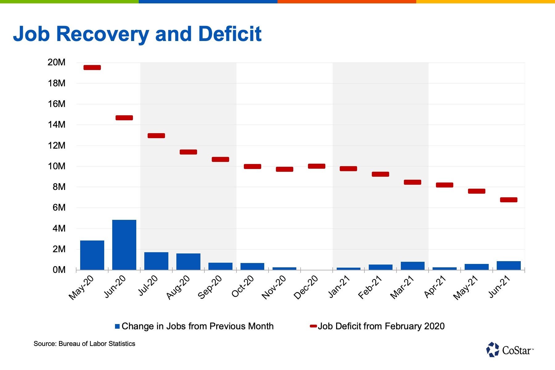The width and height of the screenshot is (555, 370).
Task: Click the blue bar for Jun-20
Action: (124, 245)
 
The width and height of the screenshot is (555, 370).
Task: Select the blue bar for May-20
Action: (92, 255)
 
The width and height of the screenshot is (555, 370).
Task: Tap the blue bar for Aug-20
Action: (188, 262)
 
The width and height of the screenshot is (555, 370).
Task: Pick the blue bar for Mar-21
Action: (413, 266)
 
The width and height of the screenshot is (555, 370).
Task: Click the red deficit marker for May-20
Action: (92, 68)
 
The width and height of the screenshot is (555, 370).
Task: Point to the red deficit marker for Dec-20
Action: (317, 166)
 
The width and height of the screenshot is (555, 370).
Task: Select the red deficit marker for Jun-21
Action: (509, 200)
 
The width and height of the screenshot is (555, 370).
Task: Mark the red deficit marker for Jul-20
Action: (156, 136)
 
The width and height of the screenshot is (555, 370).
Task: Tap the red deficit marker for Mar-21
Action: (413, 182)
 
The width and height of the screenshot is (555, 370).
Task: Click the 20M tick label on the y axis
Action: (56, 62)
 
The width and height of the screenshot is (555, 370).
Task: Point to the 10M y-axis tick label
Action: (56, 166)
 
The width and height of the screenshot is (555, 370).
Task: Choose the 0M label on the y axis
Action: (59, 270)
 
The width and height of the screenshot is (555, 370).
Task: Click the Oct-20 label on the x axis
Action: (243, 286)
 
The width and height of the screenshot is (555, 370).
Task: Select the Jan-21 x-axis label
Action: (339, 287)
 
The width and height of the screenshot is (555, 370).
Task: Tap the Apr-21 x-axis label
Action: (435, 287)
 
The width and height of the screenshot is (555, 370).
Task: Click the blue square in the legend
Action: (117, 326)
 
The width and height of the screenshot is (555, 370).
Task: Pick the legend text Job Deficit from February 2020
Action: (381, 326)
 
